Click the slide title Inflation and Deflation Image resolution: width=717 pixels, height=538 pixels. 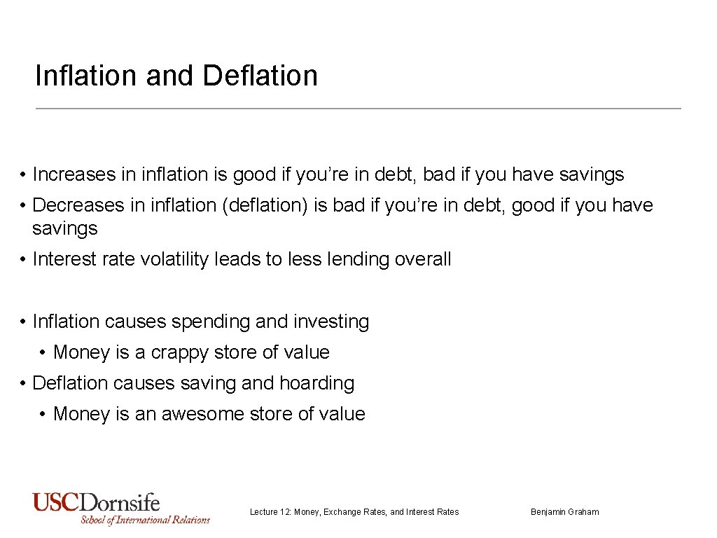coord(176,76)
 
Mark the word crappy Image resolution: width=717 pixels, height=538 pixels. coord(188,352)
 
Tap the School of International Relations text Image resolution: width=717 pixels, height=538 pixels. coord(145,520)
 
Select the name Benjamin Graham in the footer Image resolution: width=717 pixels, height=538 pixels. coord(564,512)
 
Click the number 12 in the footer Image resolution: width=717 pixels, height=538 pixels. coord(286,512)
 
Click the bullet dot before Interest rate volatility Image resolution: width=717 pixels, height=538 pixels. coord(23,259)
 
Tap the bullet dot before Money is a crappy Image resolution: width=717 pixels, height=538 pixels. coord(43,352)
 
